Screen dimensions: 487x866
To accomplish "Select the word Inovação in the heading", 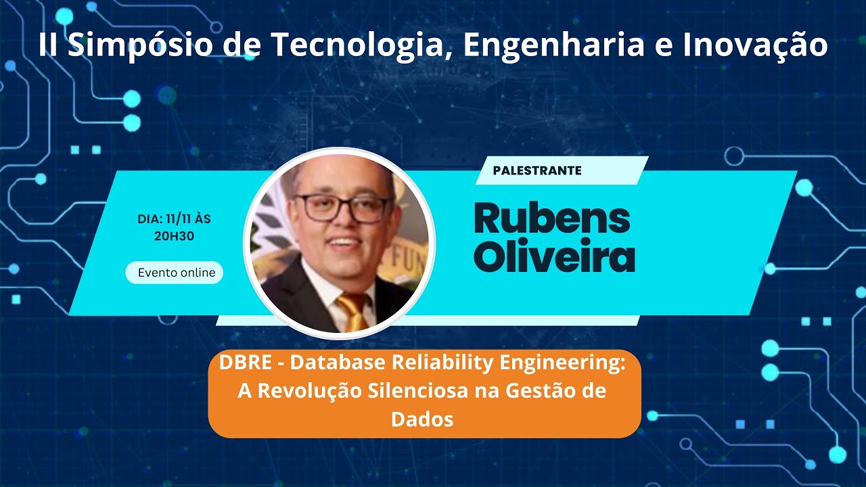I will pyautogui.click(x=755, y=45).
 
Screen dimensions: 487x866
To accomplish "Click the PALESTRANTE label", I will pyautogui.click(x=537, y=170).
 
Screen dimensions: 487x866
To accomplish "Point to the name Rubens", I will pyautogui.click(x=552, y=218).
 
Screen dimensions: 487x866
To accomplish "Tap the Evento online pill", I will pyautogui.click(x=176, y=273).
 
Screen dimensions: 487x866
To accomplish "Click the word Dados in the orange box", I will pyautogui.click(x=422, y=419).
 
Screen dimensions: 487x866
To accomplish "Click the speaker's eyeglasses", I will pyautogui.click(x=343, y=208).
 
